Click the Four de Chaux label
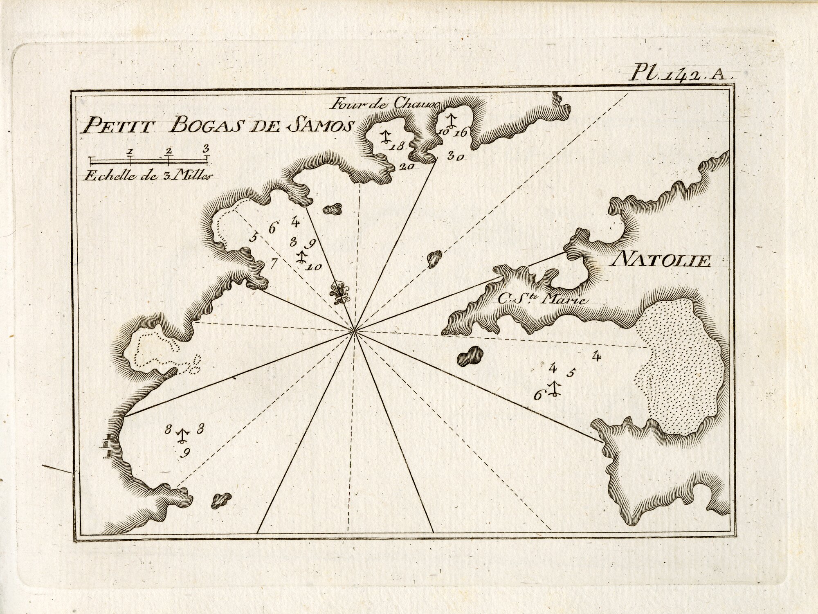pyautogui.click(x=386, y=104)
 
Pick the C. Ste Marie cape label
pyautogui.click(x=542, y=299)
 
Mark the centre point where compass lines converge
pyautogui.click(x=354, y=331)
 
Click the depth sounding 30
pyautogui.click(x=455, y=156)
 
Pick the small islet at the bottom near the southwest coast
pyautogui.click(x=221, y=499)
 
